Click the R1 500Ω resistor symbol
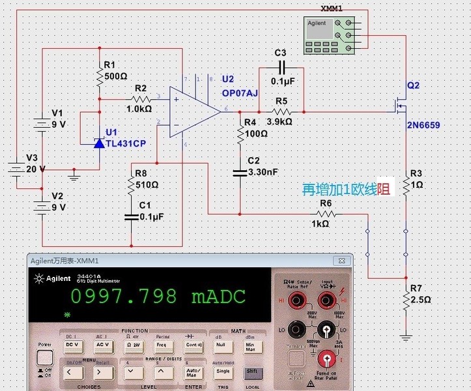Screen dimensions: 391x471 point(99,78)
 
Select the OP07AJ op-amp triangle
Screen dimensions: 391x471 point(193,111)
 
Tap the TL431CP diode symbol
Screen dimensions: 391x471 point(99,143)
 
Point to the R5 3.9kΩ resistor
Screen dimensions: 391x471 point(281,111)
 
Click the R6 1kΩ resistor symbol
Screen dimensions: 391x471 point(326,213)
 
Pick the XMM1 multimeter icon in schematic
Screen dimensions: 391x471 point(329,36)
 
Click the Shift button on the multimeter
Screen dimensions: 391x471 point(251,371)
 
